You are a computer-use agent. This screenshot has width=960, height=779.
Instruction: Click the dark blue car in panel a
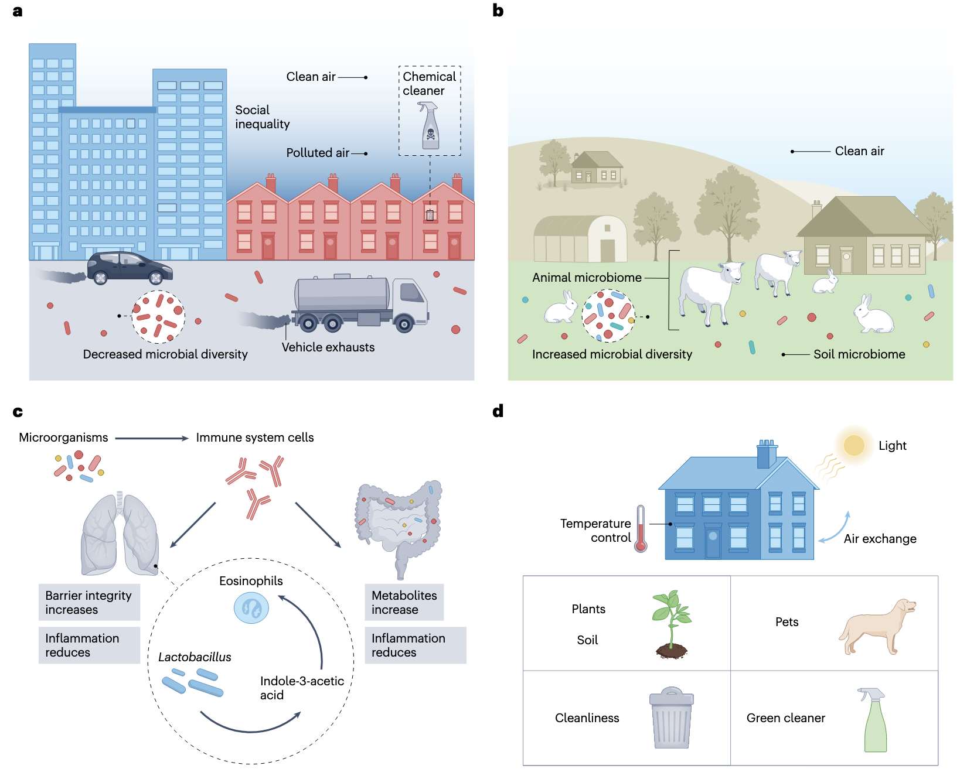point(130,268)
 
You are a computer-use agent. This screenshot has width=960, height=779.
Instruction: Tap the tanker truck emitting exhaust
point(361,302)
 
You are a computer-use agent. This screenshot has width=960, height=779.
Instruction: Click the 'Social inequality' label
point(262,117)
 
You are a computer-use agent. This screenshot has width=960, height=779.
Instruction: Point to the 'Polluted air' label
point(317,153)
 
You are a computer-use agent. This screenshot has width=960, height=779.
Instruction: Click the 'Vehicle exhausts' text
point(328,347)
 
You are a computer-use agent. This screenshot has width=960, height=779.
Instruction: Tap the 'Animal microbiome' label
point(587,278)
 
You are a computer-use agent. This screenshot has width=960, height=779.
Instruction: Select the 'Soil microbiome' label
point(859,354)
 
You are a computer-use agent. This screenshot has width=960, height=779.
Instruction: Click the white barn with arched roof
point(580,240)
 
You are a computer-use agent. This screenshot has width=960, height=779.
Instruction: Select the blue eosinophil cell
point(251,608)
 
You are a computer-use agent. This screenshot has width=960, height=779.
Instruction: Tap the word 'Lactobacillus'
point(195,657)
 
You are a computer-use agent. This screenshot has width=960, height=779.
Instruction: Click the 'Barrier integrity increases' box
point(89,602)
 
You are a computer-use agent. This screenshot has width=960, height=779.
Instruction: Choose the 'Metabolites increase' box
point(404,602)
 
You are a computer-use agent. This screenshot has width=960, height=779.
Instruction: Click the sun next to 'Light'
point(854,445)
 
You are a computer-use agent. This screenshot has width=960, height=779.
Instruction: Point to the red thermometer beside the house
point(641,529)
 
